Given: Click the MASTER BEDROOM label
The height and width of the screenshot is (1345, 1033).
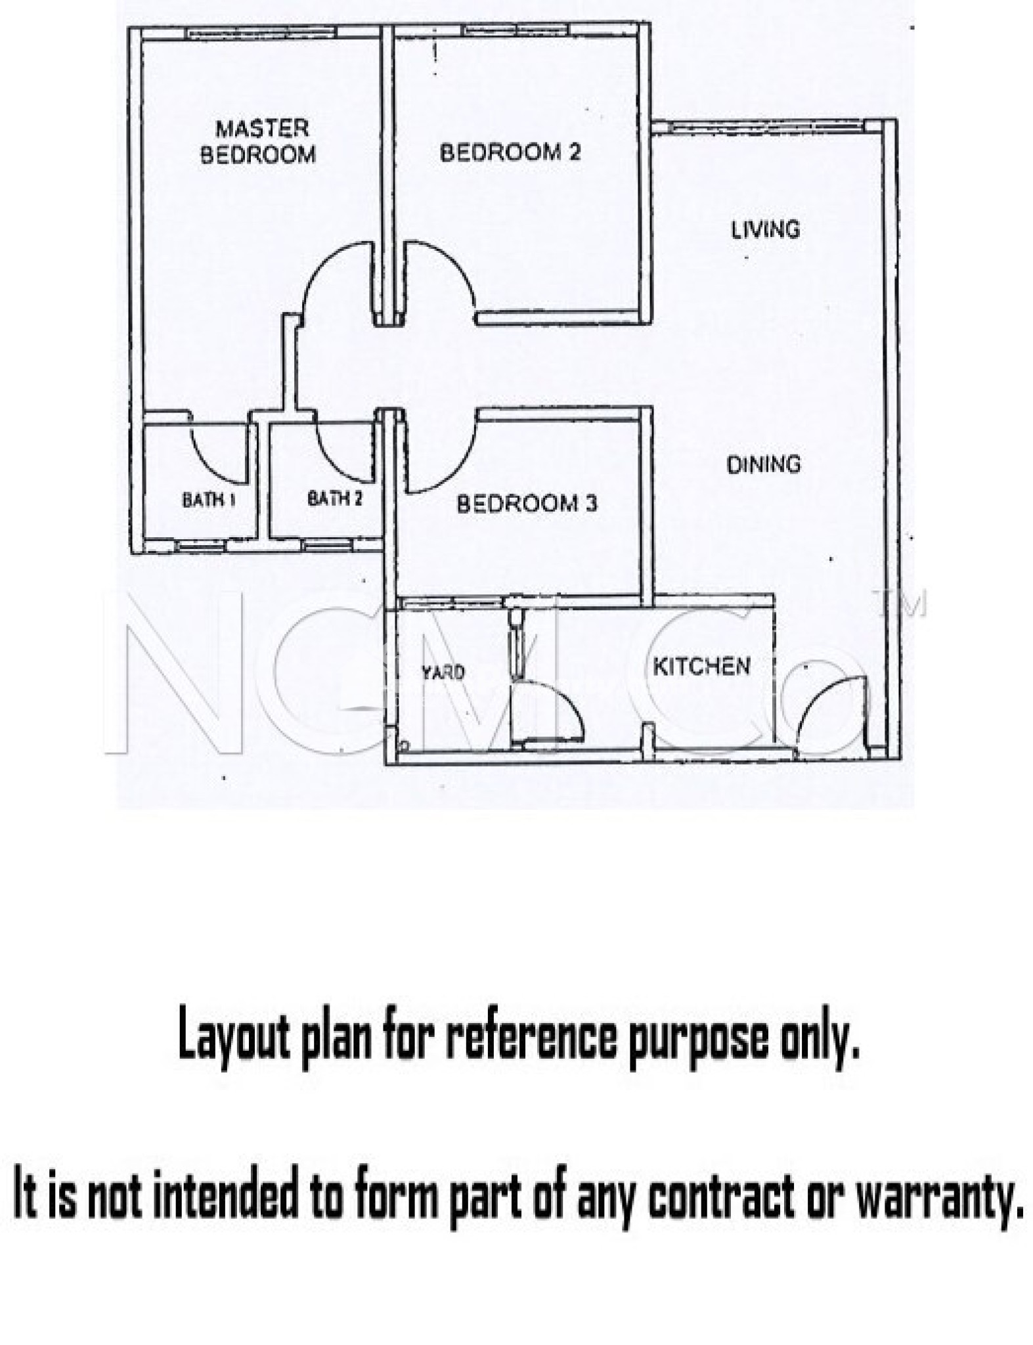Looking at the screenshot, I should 257,141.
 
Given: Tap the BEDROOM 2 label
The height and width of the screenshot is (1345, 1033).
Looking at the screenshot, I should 510,153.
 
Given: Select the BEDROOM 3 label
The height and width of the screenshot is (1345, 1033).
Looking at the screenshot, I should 527,504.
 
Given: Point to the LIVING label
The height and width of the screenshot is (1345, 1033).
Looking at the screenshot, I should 765,229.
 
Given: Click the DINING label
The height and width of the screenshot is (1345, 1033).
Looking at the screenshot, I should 764,464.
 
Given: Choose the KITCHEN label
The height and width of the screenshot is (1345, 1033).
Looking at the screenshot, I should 701,666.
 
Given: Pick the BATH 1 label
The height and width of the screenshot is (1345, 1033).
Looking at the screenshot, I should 208,500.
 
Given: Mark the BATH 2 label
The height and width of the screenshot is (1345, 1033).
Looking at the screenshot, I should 335,498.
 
